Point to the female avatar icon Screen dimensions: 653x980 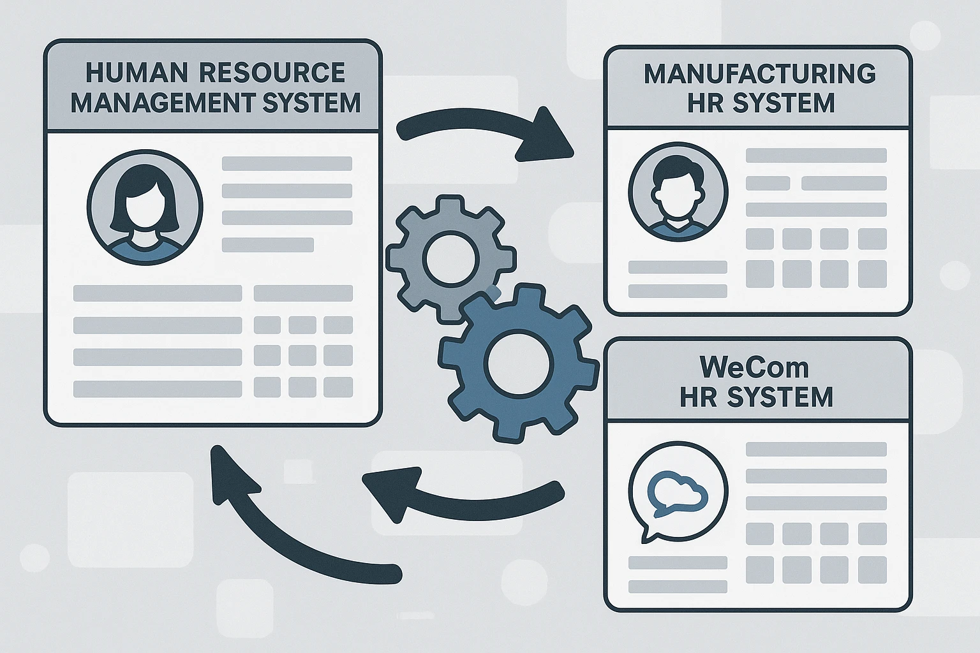144,207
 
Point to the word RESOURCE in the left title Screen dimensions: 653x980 272,73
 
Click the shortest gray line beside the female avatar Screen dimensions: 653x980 267,245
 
